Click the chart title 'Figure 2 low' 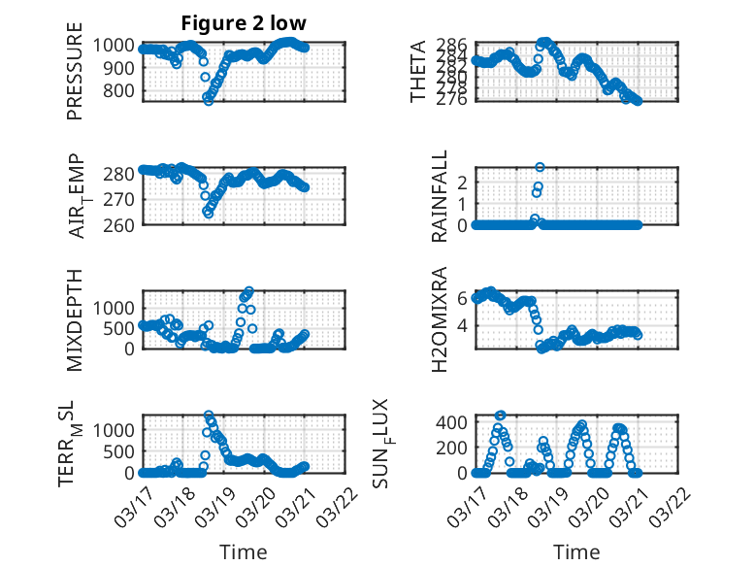coord(244,23)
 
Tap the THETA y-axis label coord(418,72)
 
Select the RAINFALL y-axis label coord(439,196)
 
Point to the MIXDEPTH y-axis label coord(75,319)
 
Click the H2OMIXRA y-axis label coord(439,319)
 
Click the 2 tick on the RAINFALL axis coord(464,182)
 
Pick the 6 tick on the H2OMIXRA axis coord(464,298)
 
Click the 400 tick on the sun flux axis coord(455,422)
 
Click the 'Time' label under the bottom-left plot coord(244,551)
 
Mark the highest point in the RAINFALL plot coord(540,167)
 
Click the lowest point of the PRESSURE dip coord(208,100)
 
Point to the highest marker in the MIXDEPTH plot coord(249,290)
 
